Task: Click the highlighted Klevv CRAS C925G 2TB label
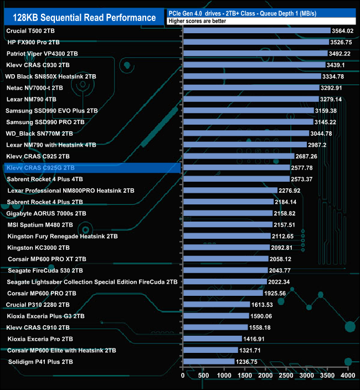[x=39, y=168]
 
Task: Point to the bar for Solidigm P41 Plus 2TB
[x=208, y=362]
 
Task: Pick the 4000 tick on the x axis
[x=347, y=376]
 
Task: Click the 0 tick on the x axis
[x=183, y=376]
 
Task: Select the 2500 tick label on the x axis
[x=286, y=376]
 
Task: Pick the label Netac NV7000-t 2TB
[x=34, y=88]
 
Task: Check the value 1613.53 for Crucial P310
[x=265, y=305]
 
